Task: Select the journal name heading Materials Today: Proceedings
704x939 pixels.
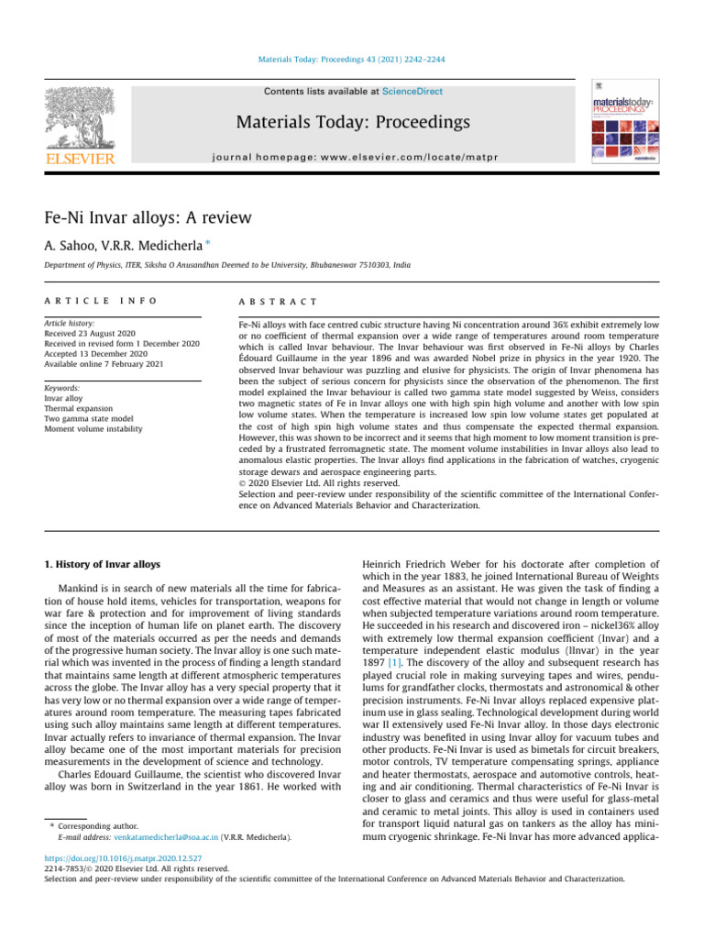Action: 353,122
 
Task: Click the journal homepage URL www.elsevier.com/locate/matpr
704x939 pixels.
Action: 353,158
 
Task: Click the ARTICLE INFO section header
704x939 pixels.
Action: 101,301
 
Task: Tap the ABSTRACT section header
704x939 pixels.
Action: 277,301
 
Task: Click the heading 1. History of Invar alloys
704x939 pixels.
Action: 103,564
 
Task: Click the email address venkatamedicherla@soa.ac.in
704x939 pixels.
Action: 165,837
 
